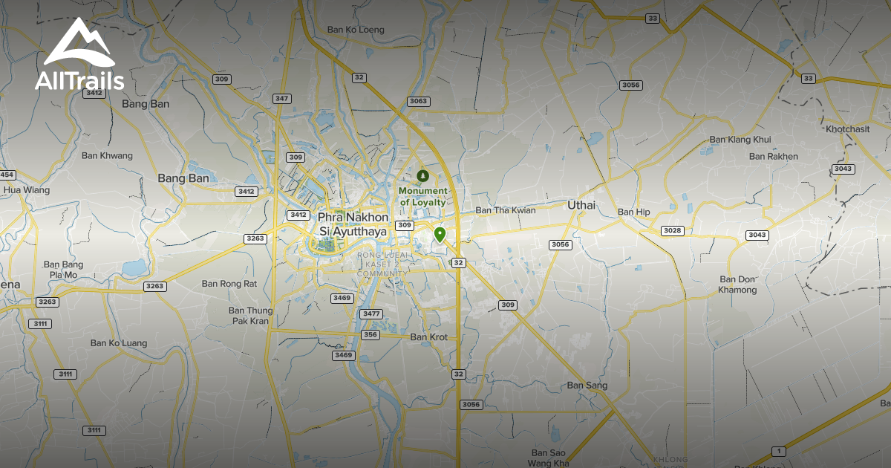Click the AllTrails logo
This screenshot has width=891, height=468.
[79, 56]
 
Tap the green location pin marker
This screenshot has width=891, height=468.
[440, 235]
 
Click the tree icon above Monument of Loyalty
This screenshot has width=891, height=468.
[423, 175]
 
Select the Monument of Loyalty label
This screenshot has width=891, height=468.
[423, 196]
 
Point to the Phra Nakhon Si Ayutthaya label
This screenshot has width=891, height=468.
[353, 224]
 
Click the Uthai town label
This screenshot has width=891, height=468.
[581, 205]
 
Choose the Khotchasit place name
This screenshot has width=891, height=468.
[847, 129]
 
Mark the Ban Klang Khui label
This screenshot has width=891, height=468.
[740, 140]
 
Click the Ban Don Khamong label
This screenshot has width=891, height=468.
[737, 285]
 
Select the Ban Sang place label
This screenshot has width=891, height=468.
[587, 386]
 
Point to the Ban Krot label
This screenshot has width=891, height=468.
[429, 337]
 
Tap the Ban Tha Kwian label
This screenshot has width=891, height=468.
[506, 210]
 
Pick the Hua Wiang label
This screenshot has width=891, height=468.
[27, 190]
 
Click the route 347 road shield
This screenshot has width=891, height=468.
[282, 99]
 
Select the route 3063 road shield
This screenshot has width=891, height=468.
[418, 101]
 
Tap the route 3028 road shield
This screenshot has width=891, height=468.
[672, 230]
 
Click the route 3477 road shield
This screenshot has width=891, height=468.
[371, 314]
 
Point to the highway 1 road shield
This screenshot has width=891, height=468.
[778, 451]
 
